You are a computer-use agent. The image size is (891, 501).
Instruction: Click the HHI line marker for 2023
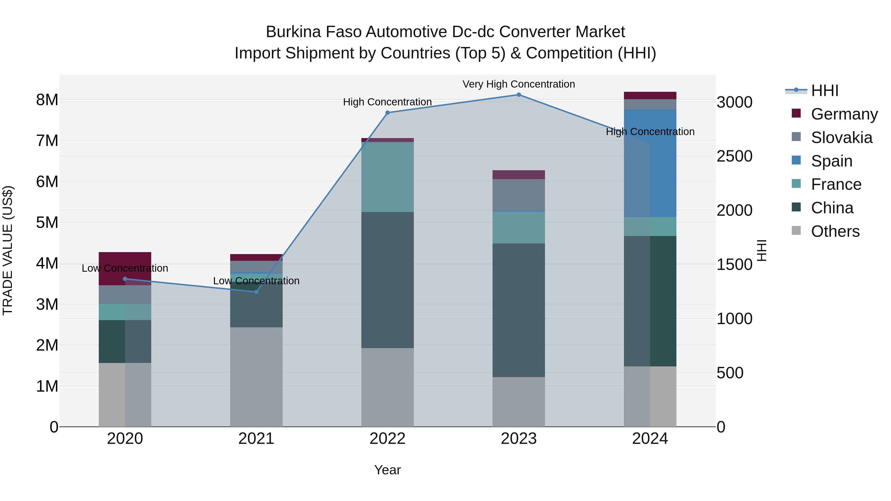(x=519, y=95)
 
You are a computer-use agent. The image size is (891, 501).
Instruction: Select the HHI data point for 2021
(x=256, y=292)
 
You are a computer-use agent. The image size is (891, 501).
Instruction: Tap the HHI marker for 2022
(x=387, y=113)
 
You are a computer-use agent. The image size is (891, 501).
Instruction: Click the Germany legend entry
(x=844, y=114)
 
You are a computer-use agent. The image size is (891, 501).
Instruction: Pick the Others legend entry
(x=835, y=231)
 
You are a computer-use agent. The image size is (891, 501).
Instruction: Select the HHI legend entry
(x=824, y=91)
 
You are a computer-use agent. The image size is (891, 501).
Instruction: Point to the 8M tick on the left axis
(x=47, y=100)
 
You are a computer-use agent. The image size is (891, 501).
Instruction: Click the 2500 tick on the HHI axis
(x=734, y=156)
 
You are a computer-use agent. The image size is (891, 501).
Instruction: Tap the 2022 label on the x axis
(x=387, y=439)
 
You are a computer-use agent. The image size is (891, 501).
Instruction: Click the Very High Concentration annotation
(x=519, y=84)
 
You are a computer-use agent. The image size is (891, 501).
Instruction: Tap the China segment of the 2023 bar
(x=519, y=310)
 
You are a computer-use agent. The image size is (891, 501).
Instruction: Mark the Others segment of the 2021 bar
(x=256, y=377)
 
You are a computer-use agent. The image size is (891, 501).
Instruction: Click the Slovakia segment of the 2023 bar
(x=519, y=195)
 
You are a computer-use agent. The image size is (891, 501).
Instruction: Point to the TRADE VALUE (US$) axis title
(x=8, y=250)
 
